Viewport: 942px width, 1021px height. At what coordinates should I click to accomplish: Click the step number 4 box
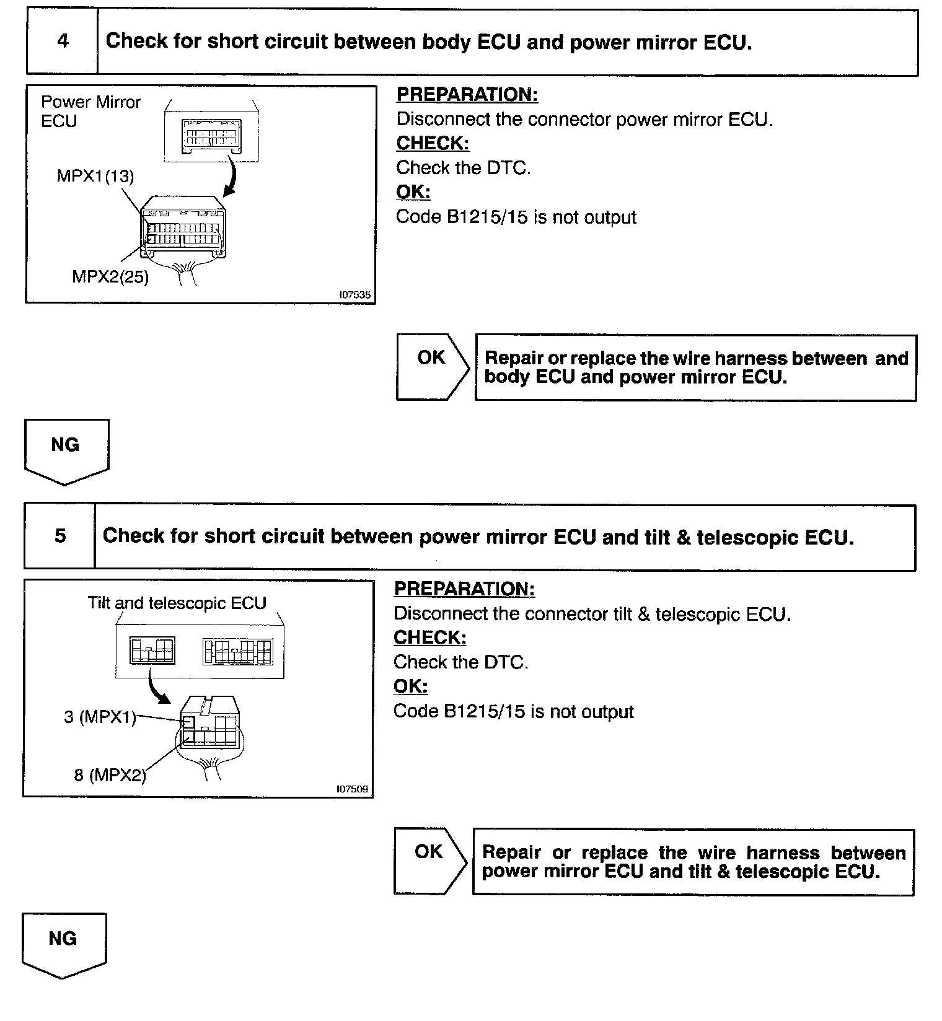(62, 42)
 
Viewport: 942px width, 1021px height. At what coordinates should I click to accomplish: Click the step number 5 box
(59, 536)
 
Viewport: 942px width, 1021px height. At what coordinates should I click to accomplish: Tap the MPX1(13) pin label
(95, 176)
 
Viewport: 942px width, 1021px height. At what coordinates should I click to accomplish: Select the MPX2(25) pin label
(110, 276)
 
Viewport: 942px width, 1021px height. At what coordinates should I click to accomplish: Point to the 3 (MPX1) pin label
(100, 717)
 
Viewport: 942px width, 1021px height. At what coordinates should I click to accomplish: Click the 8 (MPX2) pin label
(110, 774)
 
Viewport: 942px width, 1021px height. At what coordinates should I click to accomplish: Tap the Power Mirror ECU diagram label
(90, 111)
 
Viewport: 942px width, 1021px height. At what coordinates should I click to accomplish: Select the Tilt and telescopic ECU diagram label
(177, 603)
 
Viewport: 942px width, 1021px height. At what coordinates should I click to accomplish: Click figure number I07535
(354, 295)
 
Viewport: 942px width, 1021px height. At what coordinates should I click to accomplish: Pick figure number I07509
(352, 789)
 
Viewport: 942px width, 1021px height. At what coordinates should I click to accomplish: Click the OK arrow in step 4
(433, 367)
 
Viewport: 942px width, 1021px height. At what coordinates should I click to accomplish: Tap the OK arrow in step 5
(430, 861)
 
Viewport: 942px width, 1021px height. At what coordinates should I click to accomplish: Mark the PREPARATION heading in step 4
(467, 95)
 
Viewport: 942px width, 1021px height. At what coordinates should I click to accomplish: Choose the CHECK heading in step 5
(430, 638)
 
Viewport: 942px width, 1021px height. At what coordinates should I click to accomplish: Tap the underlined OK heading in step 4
(413, 192)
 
